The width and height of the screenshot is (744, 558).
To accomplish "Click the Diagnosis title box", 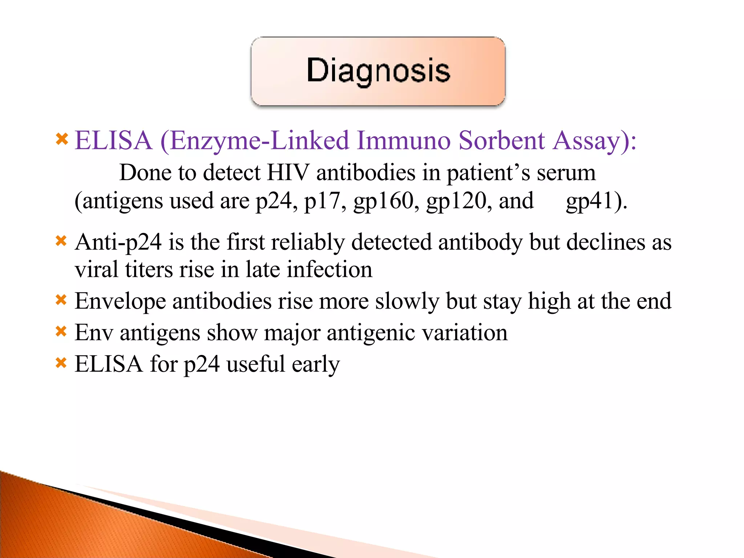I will point(378,71).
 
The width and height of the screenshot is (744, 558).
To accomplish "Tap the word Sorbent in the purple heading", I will point(501,141).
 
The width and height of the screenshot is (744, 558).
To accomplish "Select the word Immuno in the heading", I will point(403,141).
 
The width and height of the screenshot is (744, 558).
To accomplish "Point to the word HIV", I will point(288,173).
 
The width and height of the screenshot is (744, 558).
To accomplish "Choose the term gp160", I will point(384,201).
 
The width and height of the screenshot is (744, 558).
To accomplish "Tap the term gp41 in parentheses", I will point(590,201).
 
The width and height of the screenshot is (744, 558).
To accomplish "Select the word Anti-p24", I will point(118,243).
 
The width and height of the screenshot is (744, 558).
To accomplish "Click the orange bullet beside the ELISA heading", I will point(62,139).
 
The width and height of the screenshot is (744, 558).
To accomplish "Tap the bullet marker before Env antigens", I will point(61,331).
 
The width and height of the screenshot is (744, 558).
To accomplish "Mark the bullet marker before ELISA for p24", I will point(61,363).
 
